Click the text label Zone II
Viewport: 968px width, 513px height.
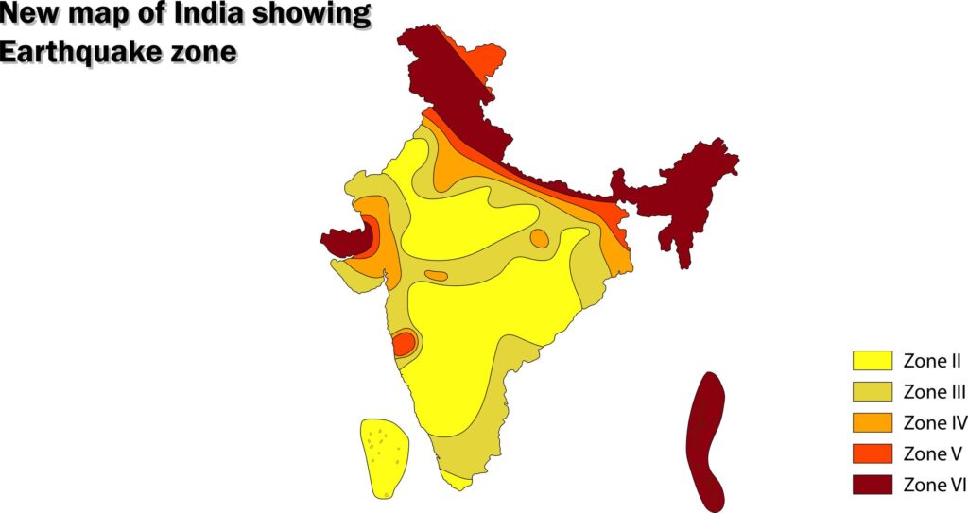pos(932,360)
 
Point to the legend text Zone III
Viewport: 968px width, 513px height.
pos(934,391)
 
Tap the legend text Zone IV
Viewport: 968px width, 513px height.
pos(935,422)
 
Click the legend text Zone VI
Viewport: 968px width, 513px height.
pos(934,485)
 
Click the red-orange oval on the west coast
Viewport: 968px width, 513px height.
pos(404,342)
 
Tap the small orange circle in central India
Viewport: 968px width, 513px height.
pos(539,238)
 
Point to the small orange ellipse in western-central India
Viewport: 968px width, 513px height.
pos(436,276)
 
